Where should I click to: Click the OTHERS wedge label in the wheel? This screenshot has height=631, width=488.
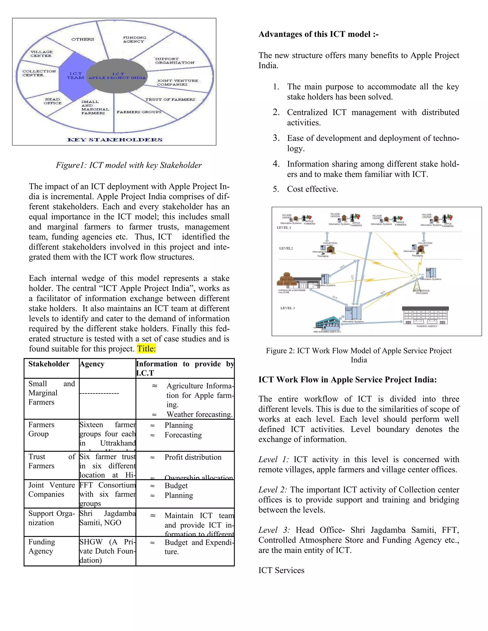click(x=83, y=39)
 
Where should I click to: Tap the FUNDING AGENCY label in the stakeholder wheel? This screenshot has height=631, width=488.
click(x=134, y=40)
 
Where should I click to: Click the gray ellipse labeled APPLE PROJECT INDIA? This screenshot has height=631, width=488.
click(x=117, y=76)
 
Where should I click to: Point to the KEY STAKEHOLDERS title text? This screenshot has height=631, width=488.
click(x=115, y=140)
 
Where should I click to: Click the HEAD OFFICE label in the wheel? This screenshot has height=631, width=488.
click(x=53, y=101)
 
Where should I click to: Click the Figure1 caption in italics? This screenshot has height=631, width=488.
click(x=129, y=165)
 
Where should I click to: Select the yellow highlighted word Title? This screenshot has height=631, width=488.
click(x=146, y=349)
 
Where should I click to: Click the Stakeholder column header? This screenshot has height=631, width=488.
click(x=49, y=364)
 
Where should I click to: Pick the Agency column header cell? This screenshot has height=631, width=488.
click(x=92, y=364)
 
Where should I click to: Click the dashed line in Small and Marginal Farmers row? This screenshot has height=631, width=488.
click(x=99, y=393)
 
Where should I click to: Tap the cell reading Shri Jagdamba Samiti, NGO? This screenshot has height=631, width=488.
click(x=107, y=518)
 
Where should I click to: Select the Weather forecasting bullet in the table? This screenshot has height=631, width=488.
click(x=199, y=414)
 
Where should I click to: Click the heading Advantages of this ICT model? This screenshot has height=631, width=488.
click(x=318, y=34)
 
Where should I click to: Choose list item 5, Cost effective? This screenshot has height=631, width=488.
click(x=312, y=189)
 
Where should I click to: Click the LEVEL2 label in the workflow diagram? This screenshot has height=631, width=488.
click(x=286, y=248)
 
